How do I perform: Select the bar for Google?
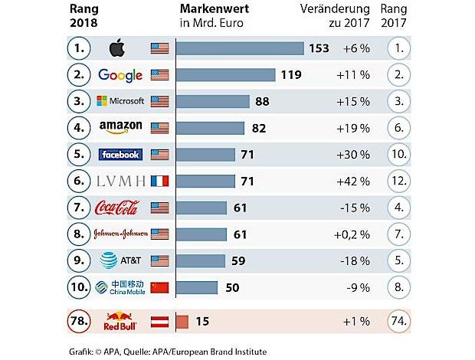pos(225,75)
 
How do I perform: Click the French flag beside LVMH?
pos(159,182)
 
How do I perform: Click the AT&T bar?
pos(200,261)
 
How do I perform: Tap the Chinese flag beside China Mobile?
pos(159,288)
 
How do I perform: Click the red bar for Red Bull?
pos(182,321)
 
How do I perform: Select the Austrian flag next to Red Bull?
pos(159,321)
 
